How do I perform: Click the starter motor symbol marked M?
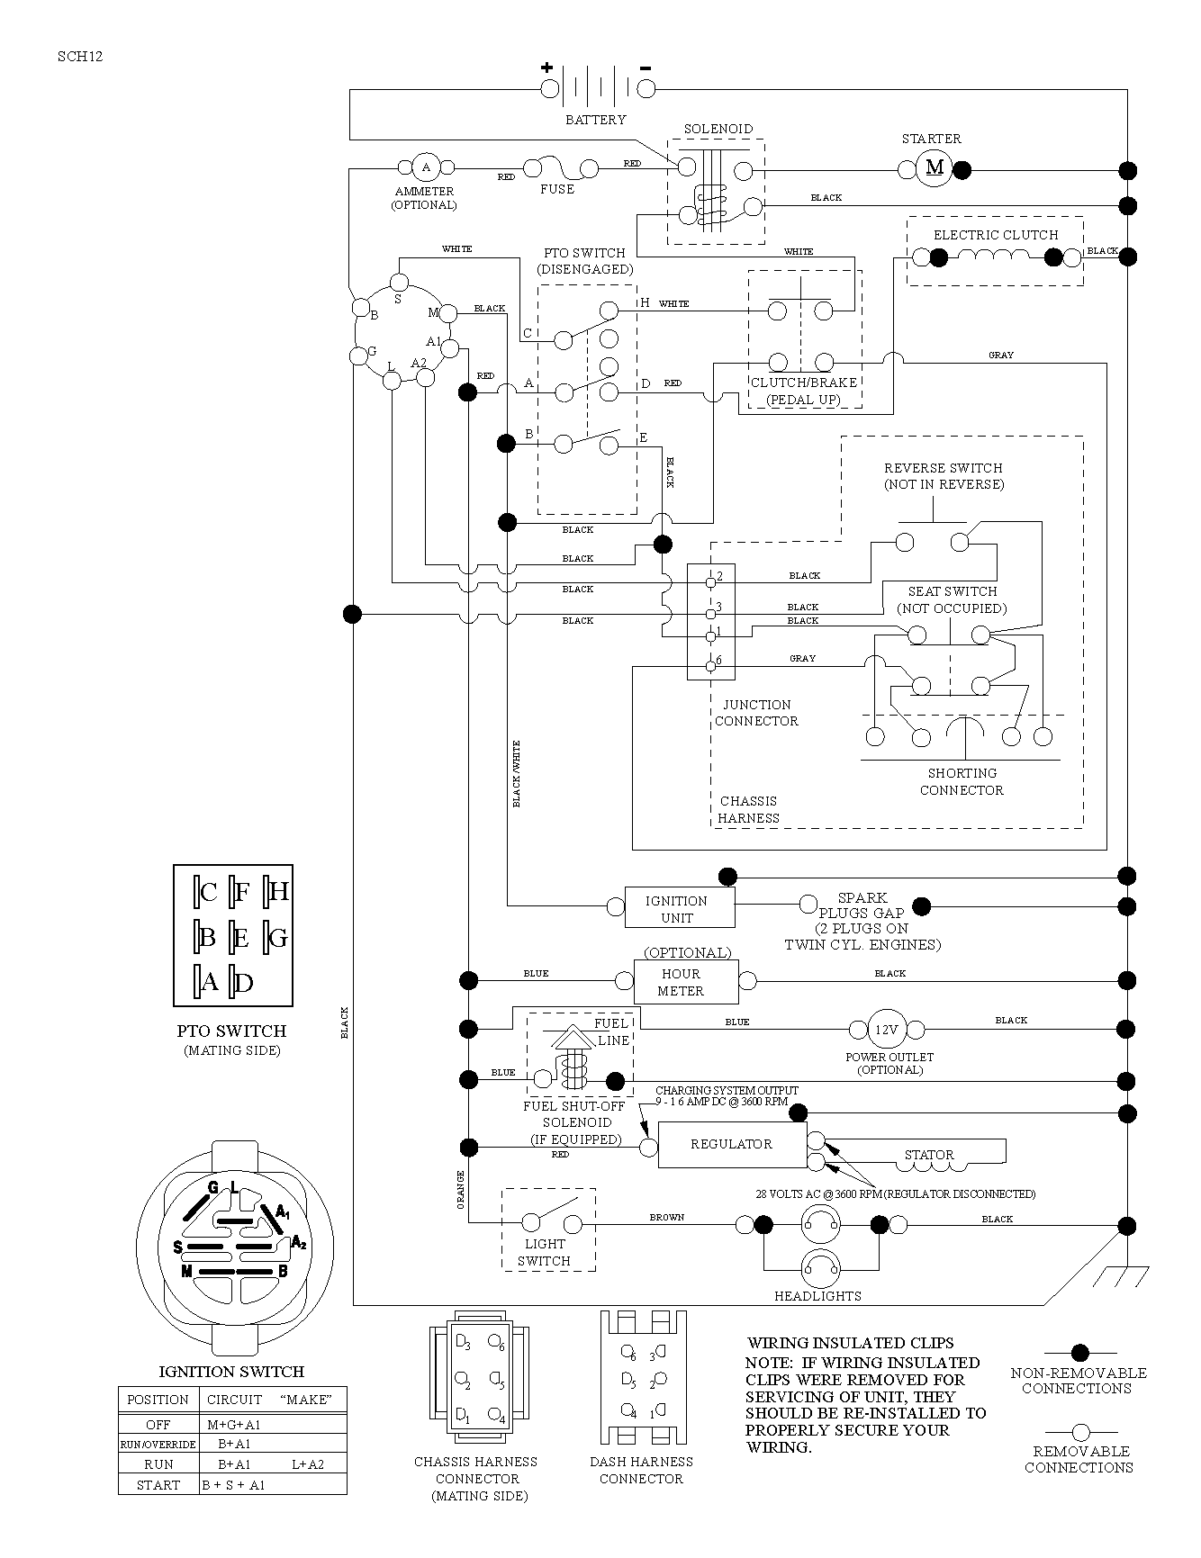935,168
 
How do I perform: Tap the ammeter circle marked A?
426,167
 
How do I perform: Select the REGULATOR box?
731,1144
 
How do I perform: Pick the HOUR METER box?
686,981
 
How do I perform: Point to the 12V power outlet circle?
887,1029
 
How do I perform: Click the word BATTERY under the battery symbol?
595,120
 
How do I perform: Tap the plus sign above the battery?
546,68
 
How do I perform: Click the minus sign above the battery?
646,68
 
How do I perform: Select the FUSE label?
556,189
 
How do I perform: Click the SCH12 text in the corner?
80,56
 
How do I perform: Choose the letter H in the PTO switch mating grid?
278,892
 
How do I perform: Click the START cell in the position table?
158,1485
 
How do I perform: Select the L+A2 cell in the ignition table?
308,1464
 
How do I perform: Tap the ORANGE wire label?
460,1189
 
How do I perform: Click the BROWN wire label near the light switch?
667,1218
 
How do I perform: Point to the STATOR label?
928,1155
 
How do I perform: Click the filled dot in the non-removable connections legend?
1080,1353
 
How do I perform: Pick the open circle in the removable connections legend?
1080,1432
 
